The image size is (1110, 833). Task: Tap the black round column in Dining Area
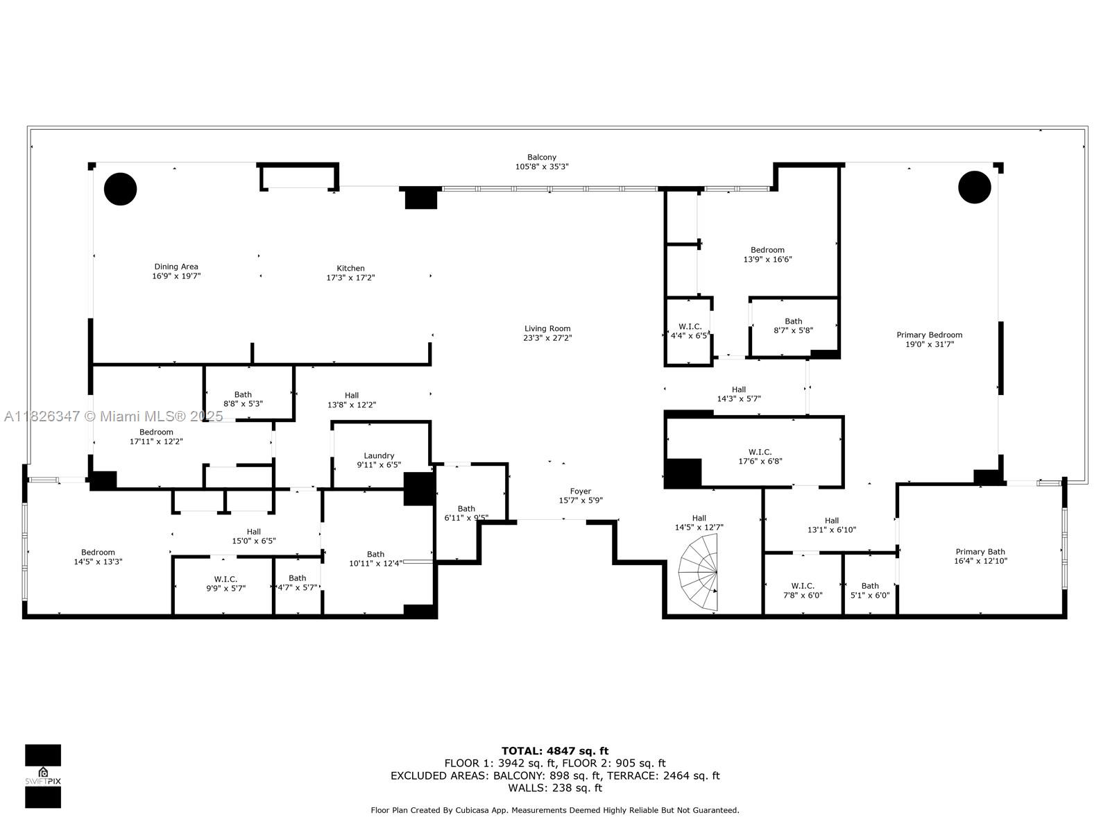[120, 188]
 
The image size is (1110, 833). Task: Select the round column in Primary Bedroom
[974, 187]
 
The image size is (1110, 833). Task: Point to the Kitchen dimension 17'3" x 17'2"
[350, 278]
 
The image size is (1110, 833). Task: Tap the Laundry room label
[379, 456]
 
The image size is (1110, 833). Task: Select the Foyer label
[581, 491]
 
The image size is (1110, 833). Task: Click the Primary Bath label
[980, 552]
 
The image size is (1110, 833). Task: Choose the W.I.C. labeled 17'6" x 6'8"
[760, 456]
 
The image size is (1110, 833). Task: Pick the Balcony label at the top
[542, 158]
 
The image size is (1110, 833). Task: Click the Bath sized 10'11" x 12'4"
[375, 559]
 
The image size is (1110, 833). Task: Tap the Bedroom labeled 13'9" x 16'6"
[767, 255]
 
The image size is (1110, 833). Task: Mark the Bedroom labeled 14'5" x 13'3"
[98, 557]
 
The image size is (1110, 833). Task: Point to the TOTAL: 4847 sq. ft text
[554, 750]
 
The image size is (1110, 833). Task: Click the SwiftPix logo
[43, 775]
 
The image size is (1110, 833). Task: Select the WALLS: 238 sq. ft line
[554, 788]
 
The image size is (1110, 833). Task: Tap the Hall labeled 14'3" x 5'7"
[739, 394]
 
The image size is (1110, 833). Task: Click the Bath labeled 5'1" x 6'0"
[870, 590]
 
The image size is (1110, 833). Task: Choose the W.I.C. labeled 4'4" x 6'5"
[690, 330]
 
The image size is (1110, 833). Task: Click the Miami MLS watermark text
[114, 416]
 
